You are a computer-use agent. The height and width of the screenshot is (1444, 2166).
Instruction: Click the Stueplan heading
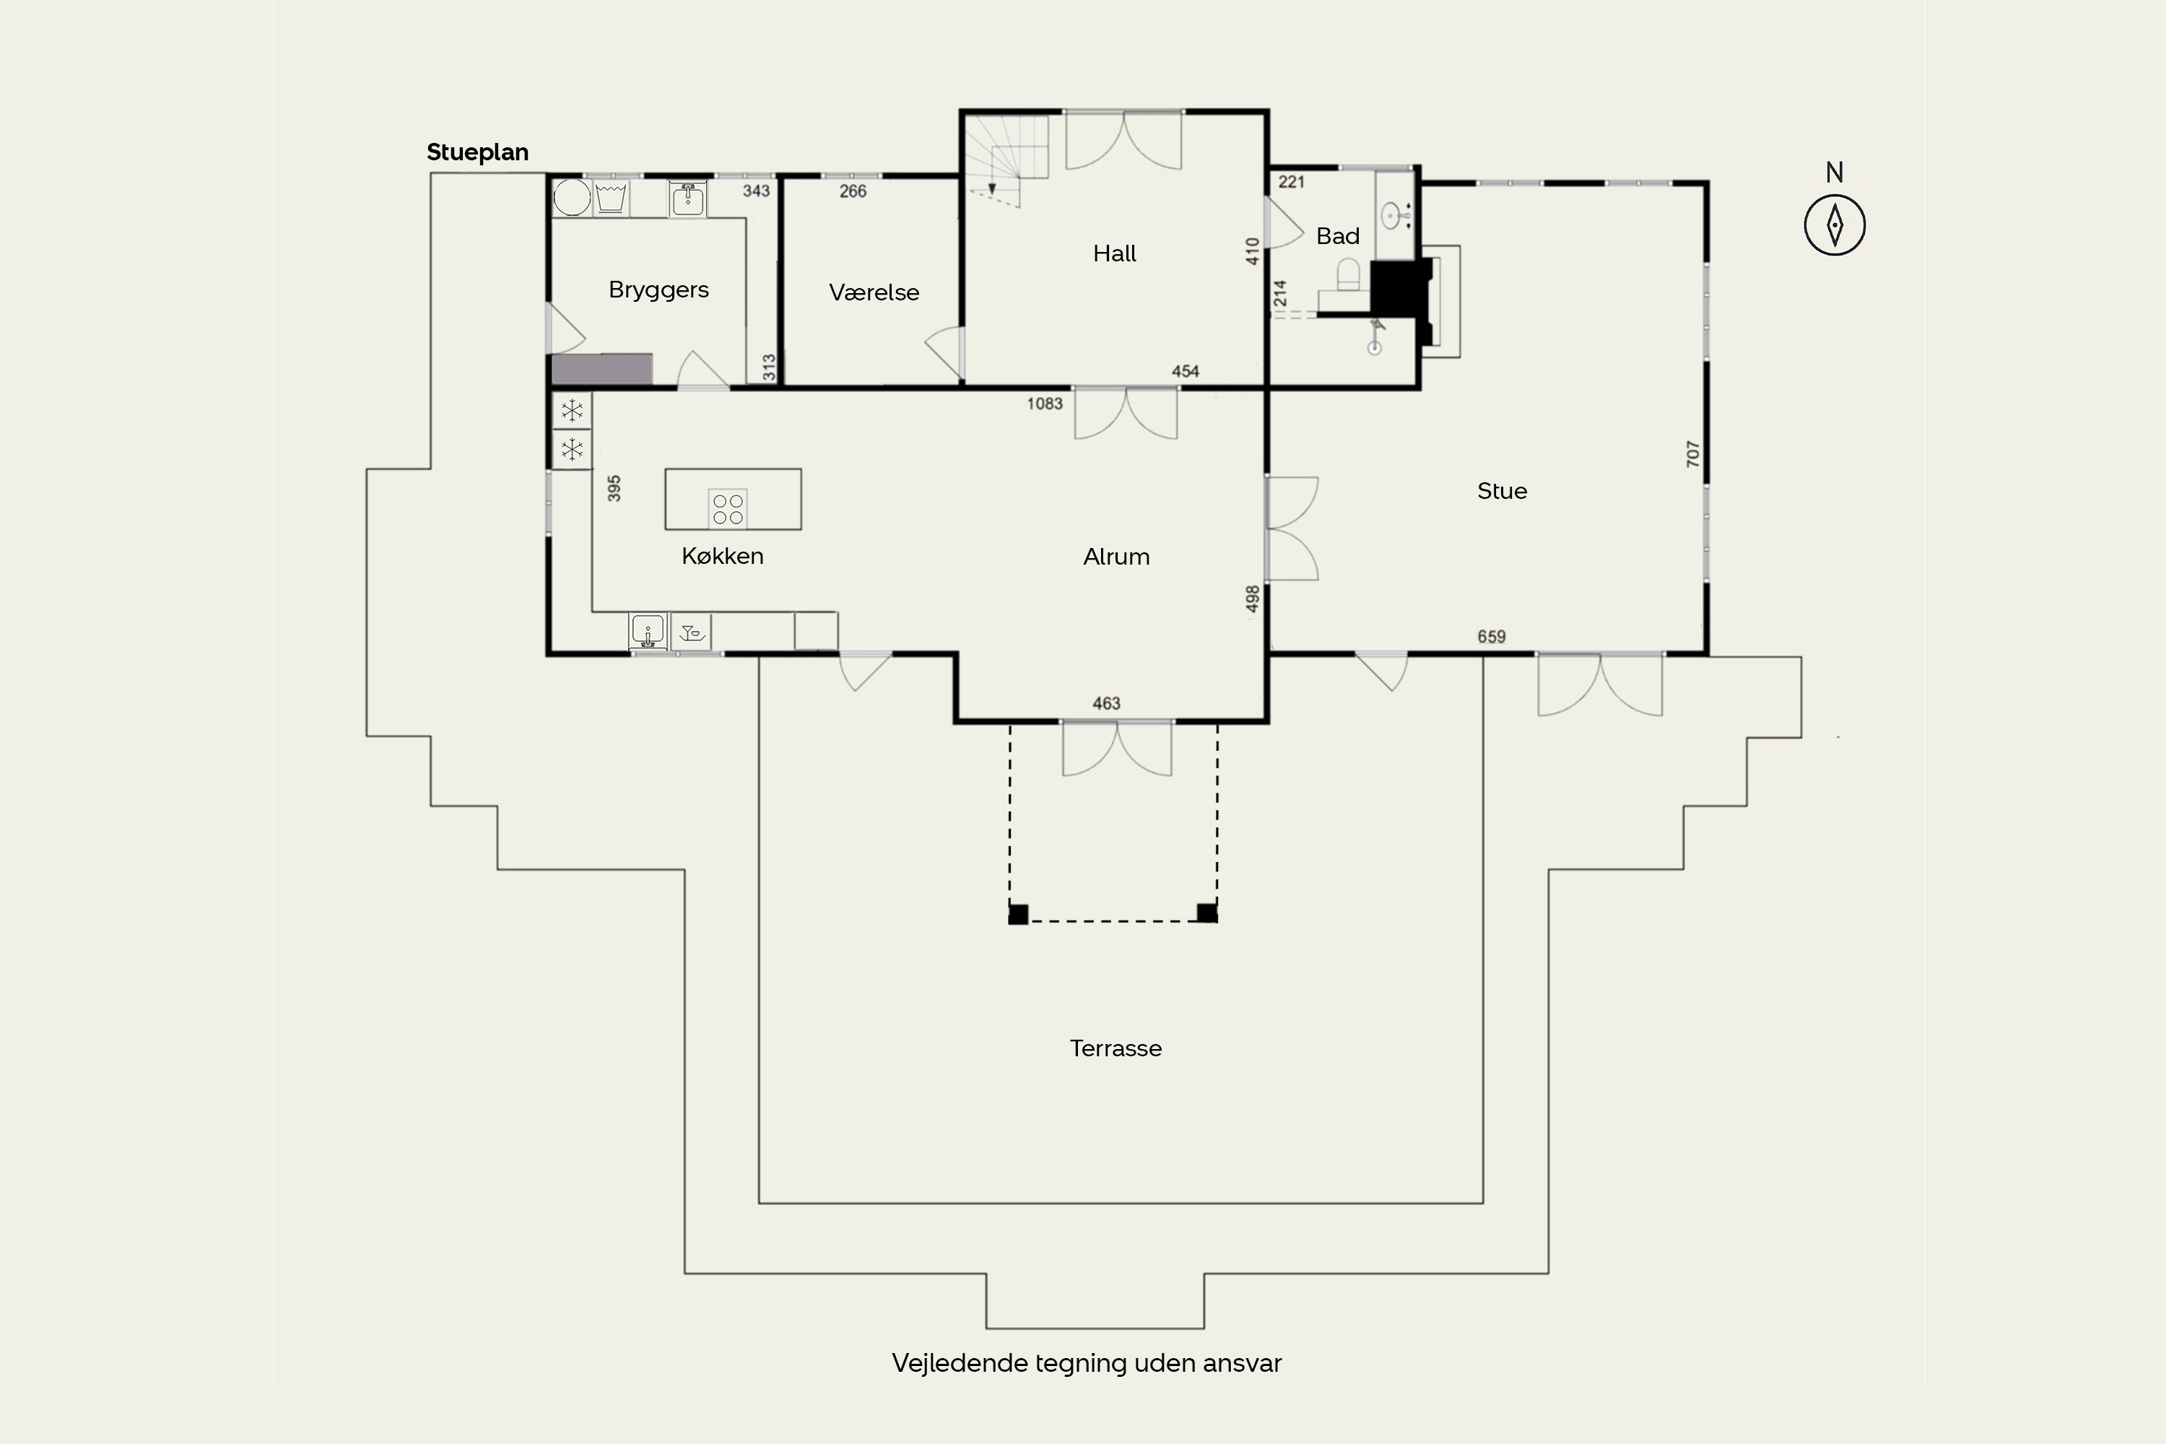coord(477,152)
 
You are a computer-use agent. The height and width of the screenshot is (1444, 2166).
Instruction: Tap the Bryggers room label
coord(658,290)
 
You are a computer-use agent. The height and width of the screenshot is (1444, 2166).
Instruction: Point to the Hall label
coord(1114,253)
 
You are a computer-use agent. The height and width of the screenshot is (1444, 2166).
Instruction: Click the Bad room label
coord(1337,236)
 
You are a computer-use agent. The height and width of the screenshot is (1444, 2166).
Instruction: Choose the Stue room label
coord(1502,491)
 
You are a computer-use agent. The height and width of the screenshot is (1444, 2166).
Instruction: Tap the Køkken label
coord(722,555)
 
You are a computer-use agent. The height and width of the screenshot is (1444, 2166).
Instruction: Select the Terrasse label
coord(1115,1048)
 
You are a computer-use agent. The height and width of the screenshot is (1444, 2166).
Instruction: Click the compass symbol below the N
coord(1835,225)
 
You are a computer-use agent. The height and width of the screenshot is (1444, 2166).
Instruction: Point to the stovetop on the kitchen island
coord(728,508)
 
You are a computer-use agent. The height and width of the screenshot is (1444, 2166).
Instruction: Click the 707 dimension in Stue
coord(1692,453)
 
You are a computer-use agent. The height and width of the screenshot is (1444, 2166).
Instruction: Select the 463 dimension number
coord(1106,703)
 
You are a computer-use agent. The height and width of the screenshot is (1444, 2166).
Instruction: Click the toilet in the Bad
coord(1348,274)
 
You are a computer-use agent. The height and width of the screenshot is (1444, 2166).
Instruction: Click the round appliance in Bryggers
coord(572,197)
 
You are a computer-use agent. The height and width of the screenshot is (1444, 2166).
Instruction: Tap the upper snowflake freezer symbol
coord(572,410)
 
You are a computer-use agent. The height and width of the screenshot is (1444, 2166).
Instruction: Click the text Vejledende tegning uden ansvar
coord(1087,1363)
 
